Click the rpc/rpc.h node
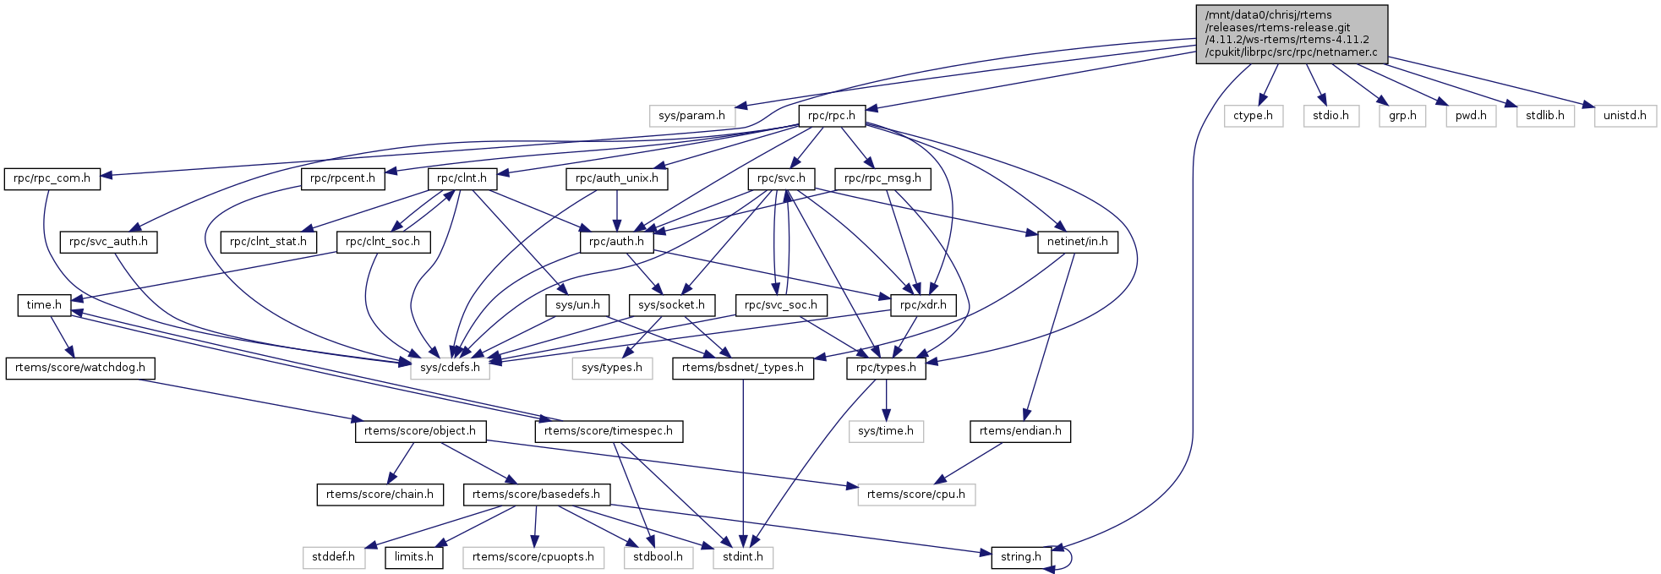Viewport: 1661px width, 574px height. pos(831,116)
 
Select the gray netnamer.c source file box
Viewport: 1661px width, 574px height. pos(1291,34)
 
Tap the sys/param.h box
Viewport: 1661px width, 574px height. pos(691,116)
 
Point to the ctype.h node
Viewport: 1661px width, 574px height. pos(1252,116)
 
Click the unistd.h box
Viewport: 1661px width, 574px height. pos(1624,116)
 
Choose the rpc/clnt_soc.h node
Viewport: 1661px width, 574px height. pos(383,242)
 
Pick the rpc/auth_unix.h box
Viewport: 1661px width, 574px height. pos(616,179)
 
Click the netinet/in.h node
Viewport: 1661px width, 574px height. pos(1077,242)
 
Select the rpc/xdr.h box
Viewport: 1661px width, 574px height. pos(922,305)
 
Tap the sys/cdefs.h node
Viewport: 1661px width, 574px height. pos(450,368)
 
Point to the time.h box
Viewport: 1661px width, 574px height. pos(43,305)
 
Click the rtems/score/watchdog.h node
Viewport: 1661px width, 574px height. pos(80,368)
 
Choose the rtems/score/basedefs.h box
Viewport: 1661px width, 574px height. pos(536,495)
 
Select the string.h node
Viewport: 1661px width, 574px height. pos(1021,557)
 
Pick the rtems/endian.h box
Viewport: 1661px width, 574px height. pos(1019,431)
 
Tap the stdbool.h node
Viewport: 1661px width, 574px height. pos(658,557)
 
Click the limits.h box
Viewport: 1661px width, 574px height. pos(413,557)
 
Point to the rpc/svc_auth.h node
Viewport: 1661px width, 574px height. pos(108,242)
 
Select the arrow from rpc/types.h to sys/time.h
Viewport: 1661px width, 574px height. pos(886,400)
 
